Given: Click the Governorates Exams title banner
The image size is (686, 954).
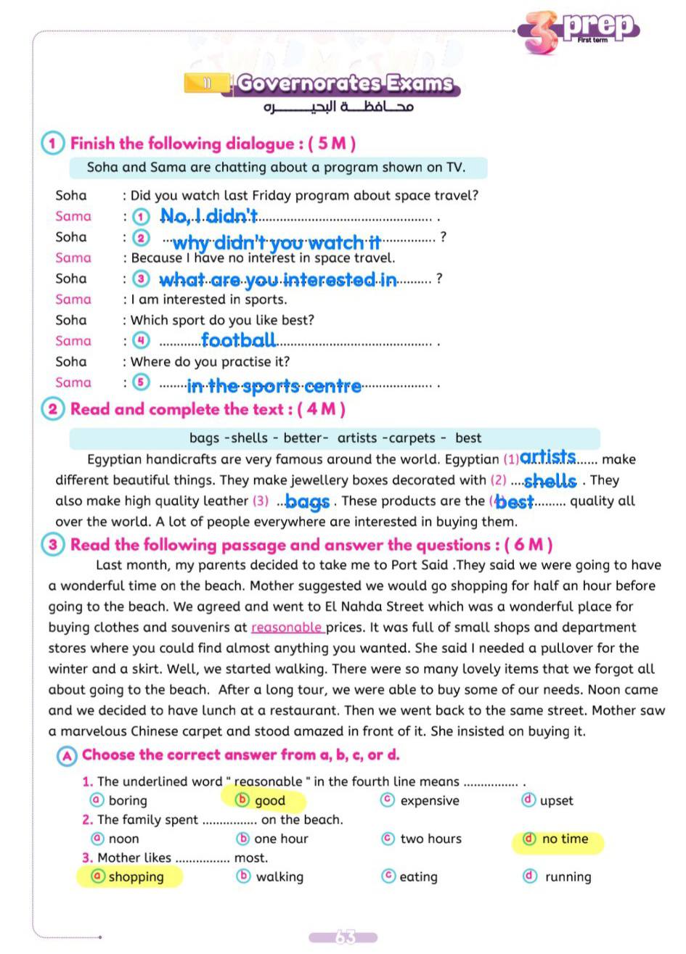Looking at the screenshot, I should [x=345, y=83].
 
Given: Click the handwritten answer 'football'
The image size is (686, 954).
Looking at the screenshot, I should [x=238, y=340].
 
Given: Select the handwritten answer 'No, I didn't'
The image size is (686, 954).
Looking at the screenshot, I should [x=209, y=215].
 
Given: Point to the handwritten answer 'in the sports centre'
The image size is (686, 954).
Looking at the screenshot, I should [x=274, y=385].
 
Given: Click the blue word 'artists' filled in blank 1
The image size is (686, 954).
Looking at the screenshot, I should [x=548, y=457].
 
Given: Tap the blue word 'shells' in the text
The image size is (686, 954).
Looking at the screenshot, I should [x=550, y=480].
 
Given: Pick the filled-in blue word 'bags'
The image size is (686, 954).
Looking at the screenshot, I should [x=308, y=501].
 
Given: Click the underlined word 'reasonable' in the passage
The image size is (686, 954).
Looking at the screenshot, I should [x=287, y=628].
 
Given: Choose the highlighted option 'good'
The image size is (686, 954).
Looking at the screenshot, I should [x=269, y=801].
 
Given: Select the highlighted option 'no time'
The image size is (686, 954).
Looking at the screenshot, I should [x=564, y=839].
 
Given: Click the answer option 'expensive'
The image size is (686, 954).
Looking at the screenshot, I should [x=429, y=801].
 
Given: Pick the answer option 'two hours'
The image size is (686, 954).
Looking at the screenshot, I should [x=430, y=839].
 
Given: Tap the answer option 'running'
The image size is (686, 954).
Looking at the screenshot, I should [x=568, y=877].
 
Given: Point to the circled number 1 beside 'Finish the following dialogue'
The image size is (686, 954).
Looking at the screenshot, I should [x=52, y=143].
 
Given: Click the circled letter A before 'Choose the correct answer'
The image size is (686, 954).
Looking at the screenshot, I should [x=67, y=755].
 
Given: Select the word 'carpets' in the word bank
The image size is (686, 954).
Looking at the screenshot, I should [x=410, y=438].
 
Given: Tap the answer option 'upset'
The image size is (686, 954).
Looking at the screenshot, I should [x=556, y=801].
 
